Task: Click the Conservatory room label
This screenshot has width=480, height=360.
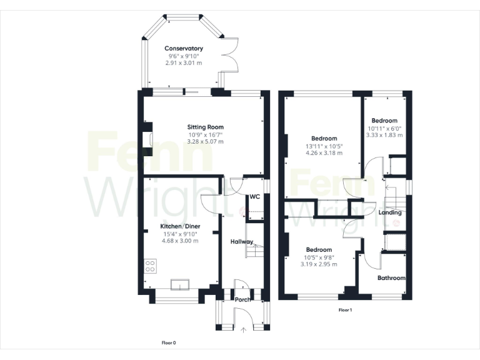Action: [184, 48]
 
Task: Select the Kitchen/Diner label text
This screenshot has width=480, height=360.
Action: [180, 225]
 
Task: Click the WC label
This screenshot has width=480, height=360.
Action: [254, 197]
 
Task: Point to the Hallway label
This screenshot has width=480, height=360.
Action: [242, 242]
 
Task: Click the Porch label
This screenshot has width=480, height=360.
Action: [242, 299]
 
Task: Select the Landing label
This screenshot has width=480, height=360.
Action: [391, 212]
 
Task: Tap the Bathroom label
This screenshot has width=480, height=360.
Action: [391, 278]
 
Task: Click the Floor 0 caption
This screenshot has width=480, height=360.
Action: [169, 342]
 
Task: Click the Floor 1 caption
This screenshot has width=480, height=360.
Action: [346, 310]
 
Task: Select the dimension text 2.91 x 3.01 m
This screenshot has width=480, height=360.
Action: [184, 63]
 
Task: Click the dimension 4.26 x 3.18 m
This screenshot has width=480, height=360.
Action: [324, 153]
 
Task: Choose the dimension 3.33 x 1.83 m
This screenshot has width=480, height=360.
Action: [384, 135]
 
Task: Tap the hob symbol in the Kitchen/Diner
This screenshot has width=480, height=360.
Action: [151, 267]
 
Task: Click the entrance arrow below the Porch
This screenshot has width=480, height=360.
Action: [243, 329]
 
